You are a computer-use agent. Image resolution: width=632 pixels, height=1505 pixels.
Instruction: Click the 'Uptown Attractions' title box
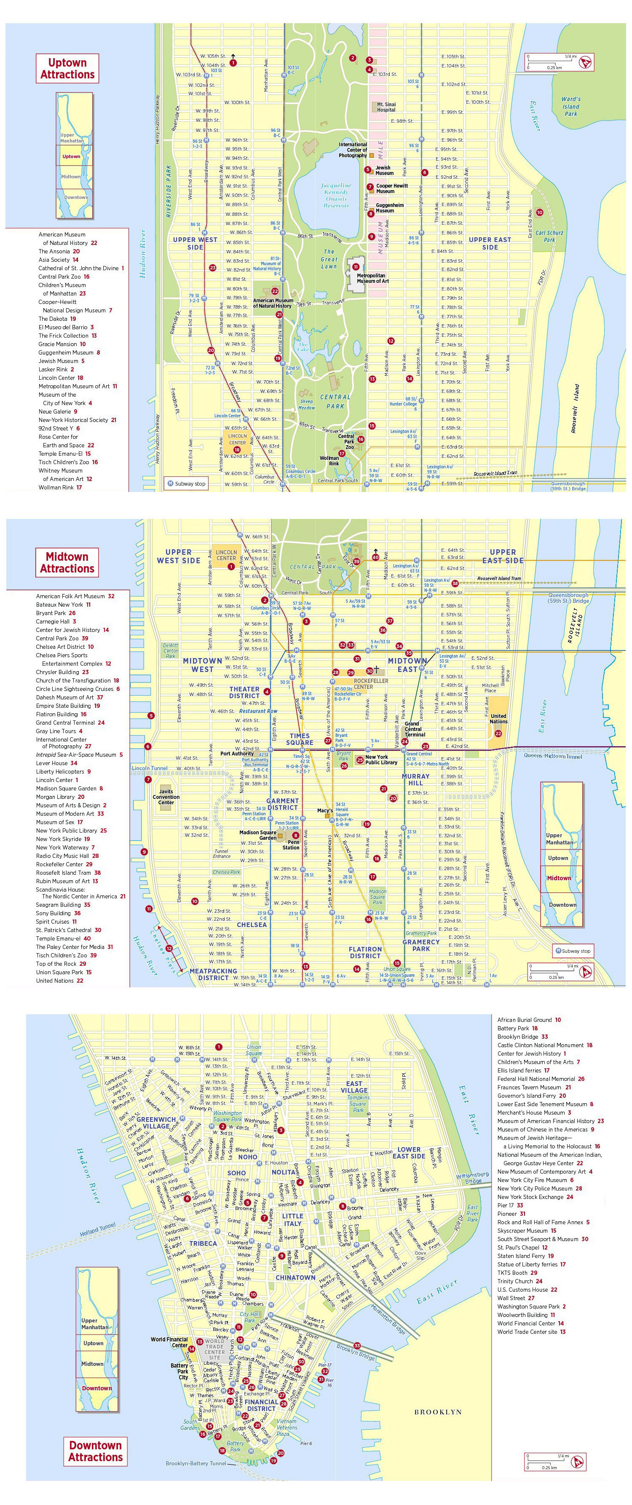point(67,68)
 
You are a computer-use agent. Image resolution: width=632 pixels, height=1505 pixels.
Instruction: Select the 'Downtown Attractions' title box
point(95,1451)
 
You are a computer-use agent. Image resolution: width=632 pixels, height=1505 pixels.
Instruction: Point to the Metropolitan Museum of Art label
point(372,278)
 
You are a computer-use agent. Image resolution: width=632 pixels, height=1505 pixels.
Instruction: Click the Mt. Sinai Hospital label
point(386,106)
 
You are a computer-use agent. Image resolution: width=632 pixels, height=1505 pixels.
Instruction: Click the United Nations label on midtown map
point(498,719)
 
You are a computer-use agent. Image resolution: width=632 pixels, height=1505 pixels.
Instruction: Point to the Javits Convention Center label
point(166,797)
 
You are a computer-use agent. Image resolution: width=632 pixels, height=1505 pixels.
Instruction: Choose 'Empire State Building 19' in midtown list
point(67,706)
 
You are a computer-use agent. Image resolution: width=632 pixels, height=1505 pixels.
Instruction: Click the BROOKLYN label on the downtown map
point(438,1411)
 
